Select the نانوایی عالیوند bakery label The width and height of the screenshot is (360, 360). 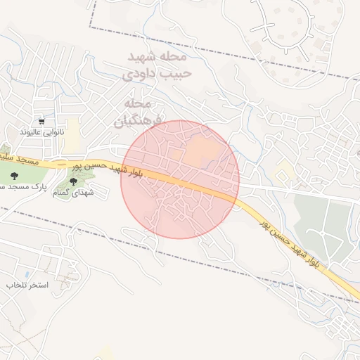click(41, 131)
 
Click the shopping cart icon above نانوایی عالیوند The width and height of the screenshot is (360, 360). click(41, 121)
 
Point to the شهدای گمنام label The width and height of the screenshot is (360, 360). click(74, 191)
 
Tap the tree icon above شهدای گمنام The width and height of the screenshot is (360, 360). click(74, 181)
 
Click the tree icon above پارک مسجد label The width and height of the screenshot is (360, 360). click(15, 176)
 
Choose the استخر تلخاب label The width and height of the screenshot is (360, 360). click(26, 285)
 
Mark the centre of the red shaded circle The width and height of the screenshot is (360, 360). click(180, 179)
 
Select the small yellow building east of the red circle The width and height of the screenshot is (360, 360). click(284, 170)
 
